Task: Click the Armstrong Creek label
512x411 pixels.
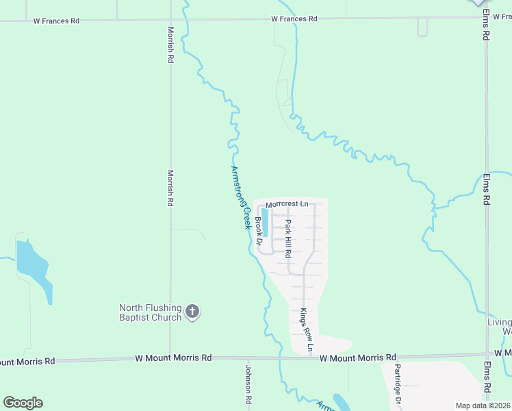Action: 240,197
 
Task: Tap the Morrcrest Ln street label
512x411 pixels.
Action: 287,204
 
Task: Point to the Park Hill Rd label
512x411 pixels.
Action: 289,238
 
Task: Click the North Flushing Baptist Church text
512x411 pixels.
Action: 151,312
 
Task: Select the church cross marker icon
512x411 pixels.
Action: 192,312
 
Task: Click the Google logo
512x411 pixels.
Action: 23,403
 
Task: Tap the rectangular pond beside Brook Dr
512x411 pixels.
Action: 265,222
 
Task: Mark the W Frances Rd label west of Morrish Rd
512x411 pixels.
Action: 56,21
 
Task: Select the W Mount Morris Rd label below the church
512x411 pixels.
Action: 172,358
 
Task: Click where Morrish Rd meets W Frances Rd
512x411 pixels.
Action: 170,20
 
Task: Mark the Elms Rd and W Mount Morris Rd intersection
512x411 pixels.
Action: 487,355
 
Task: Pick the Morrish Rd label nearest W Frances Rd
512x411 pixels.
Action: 170,45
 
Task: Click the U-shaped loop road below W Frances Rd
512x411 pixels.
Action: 422,28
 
